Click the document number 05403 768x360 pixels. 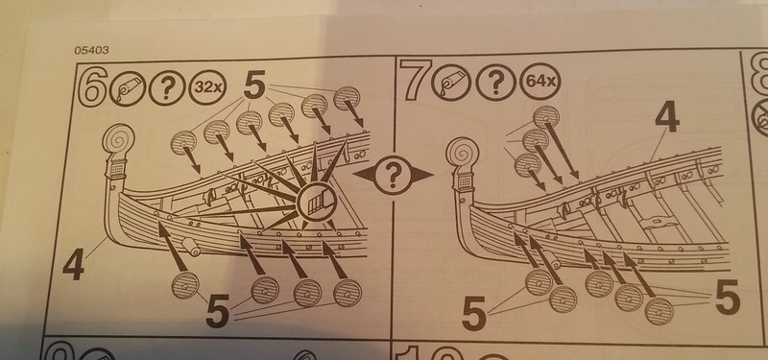point(91,50)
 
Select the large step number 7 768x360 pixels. point(415,78)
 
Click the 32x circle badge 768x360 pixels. point(205,87)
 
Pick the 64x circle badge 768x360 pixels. point(540,79)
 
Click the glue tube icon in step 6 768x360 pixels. point(128,87)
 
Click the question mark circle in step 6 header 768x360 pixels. point(167,87)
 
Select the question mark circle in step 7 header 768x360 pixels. point(495,79)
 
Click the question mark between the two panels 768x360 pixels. point(393,175)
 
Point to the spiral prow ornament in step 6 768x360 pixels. point(118,139)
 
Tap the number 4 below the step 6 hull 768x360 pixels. point(73,265)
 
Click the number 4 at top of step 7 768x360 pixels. point(666,117)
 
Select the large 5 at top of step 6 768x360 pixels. point(254,84)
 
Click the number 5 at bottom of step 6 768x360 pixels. point(218,311)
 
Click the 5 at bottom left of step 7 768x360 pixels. point(473,316)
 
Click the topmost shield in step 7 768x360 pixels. point(545,117)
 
